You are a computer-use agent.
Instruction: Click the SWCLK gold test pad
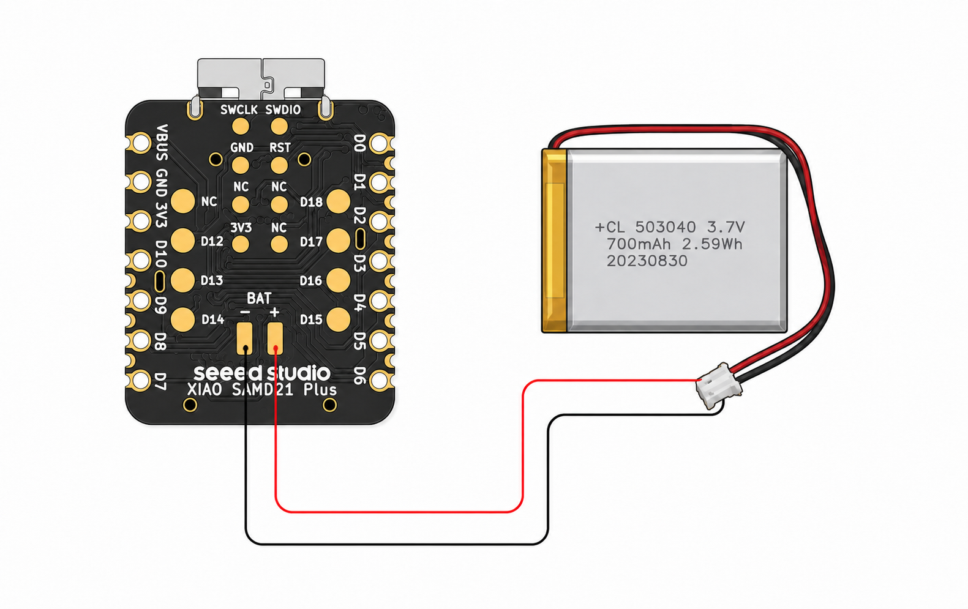coord(240,127)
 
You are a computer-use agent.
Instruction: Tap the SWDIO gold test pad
coord(279,127)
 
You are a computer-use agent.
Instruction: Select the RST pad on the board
coord(279,165)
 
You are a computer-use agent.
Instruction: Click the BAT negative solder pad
coord(244,338)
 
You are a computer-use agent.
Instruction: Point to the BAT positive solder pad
coord(276,338)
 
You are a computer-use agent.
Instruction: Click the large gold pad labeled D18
coord(338,201)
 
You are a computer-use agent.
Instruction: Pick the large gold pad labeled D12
coord(183,241)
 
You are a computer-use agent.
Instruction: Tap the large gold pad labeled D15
coord(338,319)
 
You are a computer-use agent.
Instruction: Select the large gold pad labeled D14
coord(183,319)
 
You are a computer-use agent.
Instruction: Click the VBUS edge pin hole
coord(141,143)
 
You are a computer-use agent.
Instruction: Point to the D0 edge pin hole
coord(380,143)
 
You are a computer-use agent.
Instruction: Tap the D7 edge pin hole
coord(141,380)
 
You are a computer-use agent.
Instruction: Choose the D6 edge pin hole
coord(380,380)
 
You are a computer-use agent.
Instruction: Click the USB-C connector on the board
coord(261,80)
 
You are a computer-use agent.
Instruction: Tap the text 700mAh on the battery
coord(639,244)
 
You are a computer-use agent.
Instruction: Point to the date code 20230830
coord(647,261)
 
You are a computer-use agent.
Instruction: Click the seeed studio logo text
coord(262,373)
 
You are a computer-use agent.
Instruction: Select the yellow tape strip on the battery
coord(555,241)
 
